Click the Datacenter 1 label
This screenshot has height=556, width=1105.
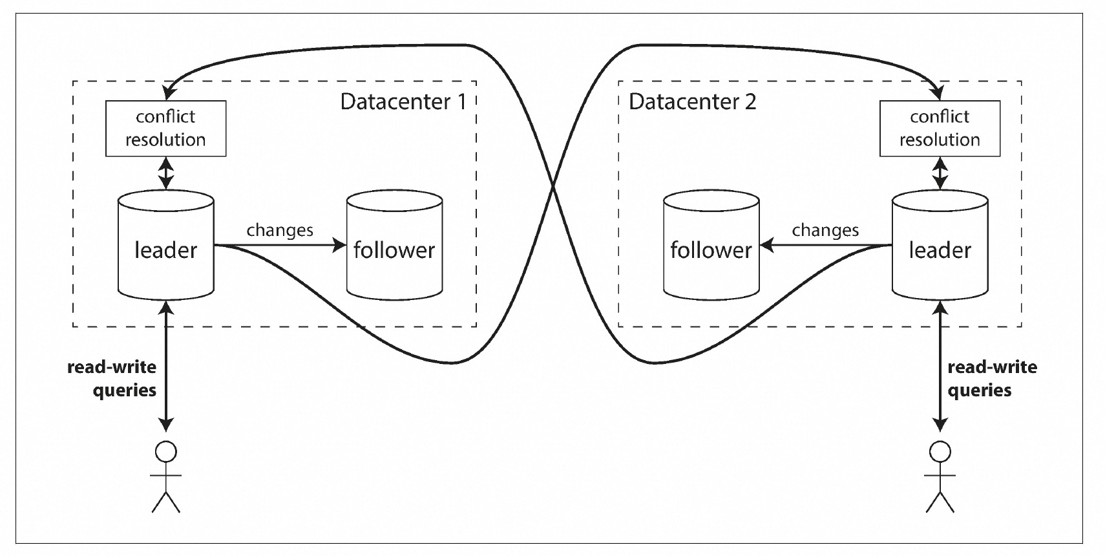click(x=403, y=102)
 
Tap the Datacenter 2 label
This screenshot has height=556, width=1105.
click(x=692, y=102)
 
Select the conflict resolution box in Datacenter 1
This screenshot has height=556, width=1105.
click(x=166, y=128)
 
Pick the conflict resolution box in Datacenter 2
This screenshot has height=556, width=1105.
click(x=940, y=128)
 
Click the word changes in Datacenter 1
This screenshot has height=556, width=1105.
click(x=280, y=230)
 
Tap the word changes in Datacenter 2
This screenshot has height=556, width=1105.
click(x=825, y=230)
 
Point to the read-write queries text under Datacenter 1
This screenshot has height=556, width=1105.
click(x=112, y=378)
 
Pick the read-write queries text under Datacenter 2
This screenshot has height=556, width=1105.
click(x=992, y=378)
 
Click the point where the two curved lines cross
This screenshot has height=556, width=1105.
click(x=553, y=187)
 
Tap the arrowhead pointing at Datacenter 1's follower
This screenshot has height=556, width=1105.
click(x=339, y=246)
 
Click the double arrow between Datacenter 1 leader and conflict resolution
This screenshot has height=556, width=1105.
click(x=166, y=173)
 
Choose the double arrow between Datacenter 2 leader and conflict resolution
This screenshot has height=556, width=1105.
click(x=940, y=173)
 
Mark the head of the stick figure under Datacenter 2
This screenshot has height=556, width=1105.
click(x=940, y=451)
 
